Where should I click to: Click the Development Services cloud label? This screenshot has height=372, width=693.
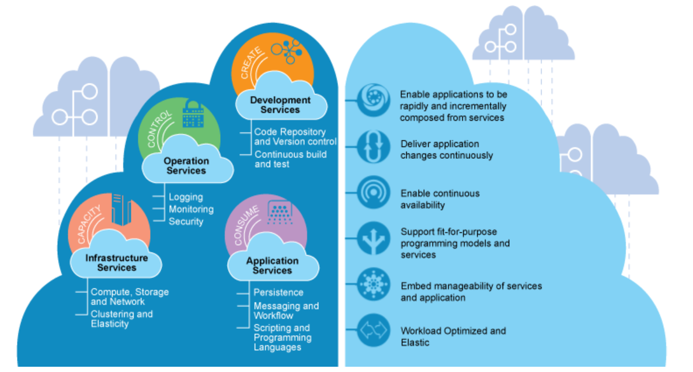pos(280,105)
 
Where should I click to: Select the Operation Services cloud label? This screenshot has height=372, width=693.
pos(186,166)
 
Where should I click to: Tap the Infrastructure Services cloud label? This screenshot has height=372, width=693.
pos(117,263)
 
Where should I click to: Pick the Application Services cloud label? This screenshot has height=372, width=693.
pos(272,265)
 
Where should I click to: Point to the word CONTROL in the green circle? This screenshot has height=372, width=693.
pos(159,128)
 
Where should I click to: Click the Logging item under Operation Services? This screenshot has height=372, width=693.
pos(186,197)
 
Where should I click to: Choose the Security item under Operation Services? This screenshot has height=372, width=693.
pos(186,221)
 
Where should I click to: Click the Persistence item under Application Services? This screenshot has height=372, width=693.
pos(278,293)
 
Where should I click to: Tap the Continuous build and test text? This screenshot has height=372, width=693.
pos(290,159)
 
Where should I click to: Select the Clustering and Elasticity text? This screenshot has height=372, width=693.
pos(121,319)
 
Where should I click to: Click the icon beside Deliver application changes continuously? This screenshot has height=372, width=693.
pos(374,147)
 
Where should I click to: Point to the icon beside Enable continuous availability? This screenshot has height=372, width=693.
pos(374,193)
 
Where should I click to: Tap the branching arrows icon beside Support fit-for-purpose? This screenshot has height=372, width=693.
pos(374,239)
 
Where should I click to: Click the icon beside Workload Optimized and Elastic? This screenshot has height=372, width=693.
pos(374,331)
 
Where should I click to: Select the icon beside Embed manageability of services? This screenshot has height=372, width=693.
pos(374,284)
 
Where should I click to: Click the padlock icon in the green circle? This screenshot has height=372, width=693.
pos(193,114)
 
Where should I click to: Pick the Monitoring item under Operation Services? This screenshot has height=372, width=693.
pos(191,209)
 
